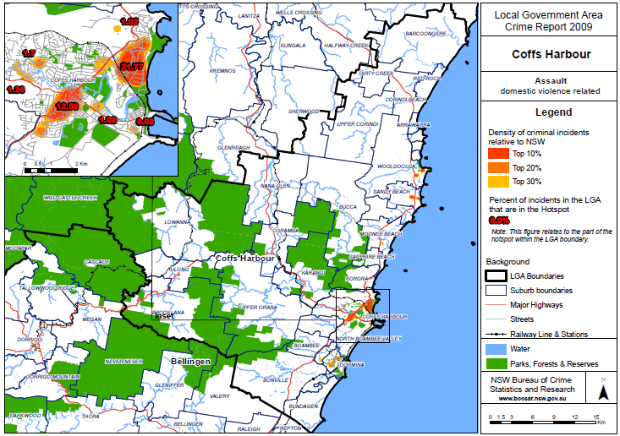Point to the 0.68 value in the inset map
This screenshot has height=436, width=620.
pyautogui.click(x=145, y=122)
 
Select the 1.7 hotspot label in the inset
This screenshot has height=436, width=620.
pyautogui.click(x=29, y=53)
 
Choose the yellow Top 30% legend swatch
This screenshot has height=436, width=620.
pyautogui.click(x=502, y=181)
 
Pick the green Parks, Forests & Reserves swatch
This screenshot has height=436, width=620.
pyautogui.click(x=502, y=363)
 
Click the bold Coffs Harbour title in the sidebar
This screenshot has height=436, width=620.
pyautogui.click(x=550, y=55)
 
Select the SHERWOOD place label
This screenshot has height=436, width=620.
pyautogui.click(x=303, y=111)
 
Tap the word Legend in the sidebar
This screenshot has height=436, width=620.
pyautogui.click(x=550, y=112)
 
